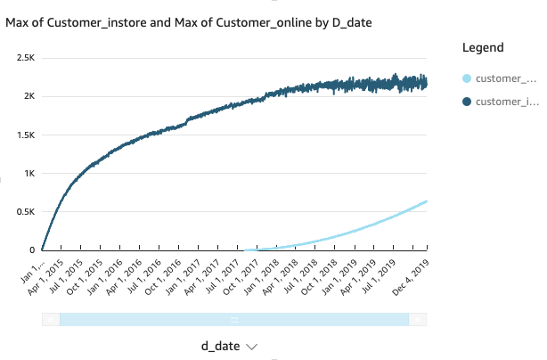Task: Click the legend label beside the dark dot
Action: (505, 102)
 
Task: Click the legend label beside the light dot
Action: (505, 79)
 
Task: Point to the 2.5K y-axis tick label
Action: (23, 57)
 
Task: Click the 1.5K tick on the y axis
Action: (23, 135)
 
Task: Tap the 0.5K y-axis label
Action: (23, 211)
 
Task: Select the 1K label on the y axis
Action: (28, 173)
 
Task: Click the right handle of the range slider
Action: (418, 319)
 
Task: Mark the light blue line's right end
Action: (427, 201)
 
